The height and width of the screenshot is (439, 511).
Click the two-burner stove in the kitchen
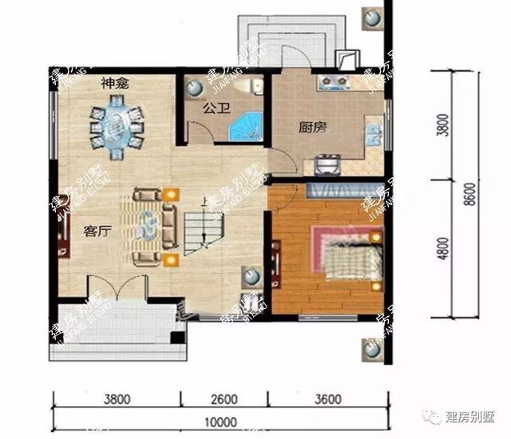[335, 81]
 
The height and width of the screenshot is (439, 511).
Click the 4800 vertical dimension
[444, 247]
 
